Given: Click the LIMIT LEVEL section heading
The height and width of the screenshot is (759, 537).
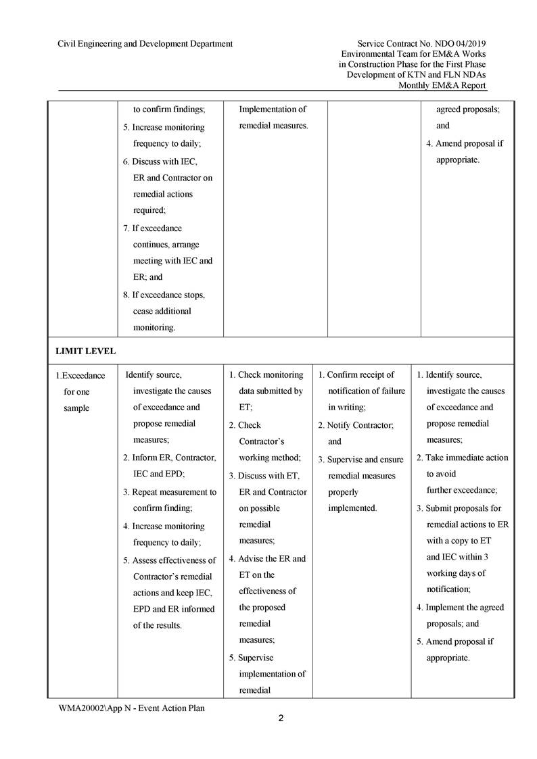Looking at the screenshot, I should pyautogui.click(x=86, y=351).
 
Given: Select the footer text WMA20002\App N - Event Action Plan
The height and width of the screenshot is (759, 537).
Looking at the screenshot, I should pyautogui.click(x=131, y=708).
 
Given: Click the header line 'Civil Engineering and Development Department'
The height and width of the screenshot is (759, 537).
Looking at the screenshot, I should pyautogui.click(x=145, y=44).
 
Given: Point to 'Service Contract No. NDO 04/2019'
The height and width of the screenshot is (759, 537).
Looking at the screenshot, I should pyautogui.click(x=421, y=44).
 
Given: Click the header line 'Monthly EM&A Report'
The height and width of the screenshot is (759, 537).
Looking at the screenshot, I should pyautogui.click(x=442, y=85).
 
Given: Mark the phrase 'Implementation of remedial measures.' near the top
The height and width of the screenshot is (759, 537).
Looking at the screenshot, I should pyautogui.click(x=274, y=118).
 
